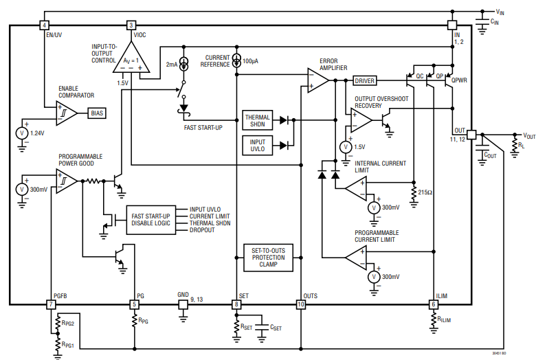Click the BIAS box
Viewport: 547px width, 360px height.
[x=97, y=113]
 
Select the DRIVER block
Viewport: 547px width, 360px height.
[x=365, y=80]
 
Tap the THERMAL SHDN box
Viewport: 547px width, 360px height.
[x=258, y=121]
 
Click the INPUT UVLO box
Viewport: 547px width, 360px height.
[x=258, y=144]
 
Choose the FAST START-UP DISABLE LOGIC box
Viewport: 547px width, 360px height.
[x=150, y=219]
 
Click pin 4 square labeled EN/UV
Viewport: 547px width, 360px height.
[x=45, y=25]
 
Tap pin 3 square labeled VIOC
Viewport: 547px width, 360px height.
[x=132, y=25]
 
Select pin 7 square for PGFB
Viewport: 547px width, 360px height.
[x=52, y=304]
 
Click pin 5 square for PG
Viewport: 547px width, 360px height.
[x=134, y=304]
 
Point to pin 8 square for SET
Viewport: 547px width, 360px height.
[x=236, y=304]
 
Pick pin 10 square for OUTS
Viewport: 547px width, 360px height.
[x=301, y=304]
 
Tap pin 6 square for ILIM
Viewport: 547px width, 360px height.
[x=433, y=304]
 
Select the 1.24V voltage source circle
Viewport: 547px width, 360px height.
[x=22, y=132]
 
